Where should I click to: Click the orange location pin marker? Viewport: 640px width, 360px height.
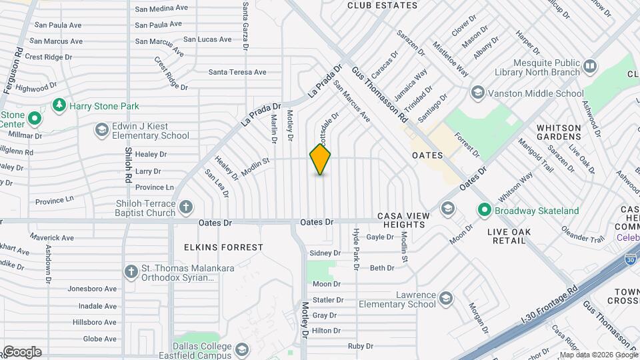[320, 159]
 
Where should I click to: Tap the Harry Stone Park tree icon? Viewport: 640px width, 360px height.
[59, 106]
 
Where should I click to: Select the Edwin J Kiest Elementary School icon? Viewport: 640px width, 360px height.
[102, 129]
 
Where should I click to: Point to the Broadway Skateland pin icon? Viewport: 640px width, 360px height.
[484, 211]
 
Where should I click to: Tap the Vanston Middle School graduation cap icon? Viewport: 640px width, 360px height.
[477, 93]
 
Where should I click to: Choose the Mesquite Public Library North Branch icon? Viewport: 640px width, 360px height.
[589, 66]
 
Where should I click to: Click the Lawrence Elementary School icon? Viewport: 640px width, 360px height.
[446, 297]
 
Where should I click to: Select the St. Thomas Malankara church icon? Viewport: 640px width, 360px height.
[131, 271]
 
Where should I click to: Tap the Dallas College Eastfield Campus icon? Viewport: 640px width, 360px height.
[242, 349]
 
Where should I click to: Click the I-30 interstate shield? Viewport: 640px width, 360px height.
[631, 257]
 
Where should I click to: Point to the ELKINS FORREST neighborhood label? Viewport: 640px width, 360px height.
[224, 247]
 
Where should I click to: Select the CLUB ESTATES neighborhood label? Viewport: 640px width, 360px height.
[383, 6]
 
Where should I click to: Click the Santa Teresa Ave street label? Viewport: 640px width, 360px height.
[237, 72]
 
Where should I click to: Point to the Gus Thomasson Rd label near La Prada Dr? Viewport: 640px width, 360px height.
[379, 94]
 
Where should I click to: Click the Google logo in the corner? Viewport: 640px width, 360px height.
[22, 351]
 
